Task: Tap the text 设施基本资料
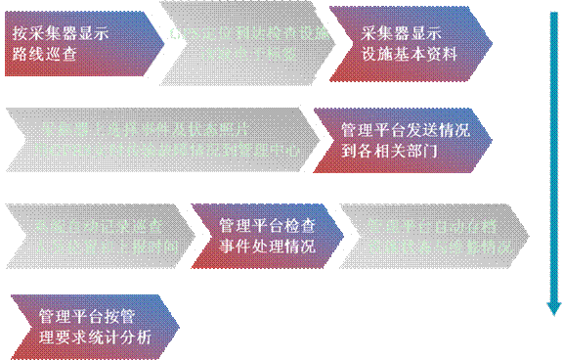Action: (409, 53)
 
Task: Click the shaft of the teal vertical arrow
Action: (553, 157)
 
